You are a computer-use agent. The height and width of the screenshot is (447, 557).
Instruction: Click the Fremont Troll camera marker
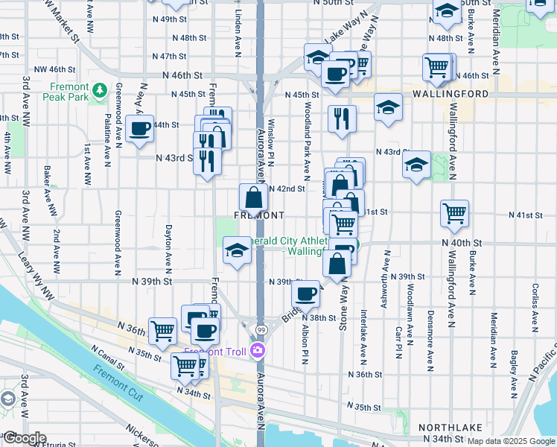pos(258,350)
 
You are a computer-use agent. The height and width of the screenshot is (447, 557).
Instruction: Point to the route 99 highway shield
pos(261,330)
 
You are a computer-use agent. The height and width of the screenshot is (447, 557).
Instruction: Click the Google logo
pos(24,438)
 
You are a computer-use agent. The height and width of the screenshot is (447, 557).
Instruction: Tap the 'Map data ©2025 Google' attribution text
pos(510,441)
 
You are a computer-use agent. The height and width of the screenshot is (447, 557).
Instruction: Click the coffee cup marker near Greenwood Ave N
pos(139,129)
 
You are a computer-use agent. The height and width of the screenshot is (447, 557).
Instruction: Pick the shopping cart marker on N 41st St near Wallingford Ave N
pos(454,214)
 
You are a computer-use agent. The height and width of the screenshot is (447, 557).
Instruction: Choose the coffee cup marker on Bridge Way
pos(306,294)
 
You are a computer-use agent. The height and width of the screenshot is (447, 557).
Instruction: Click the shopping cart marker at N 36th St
pos(163,331)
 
